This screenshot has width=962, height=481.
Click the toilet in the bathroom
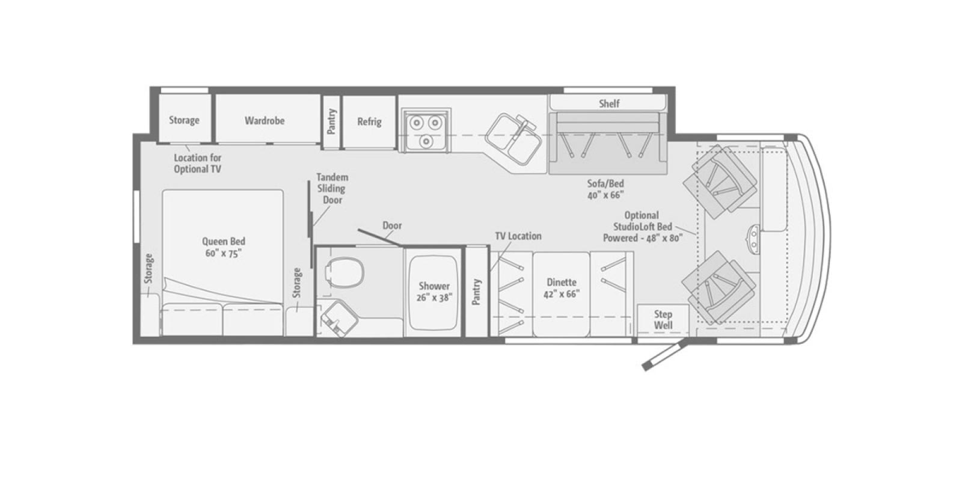pos(345,273)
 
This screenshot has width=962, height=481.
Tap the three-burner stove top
pos(426,130)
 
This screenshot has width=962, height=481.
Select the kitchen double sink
pos(513,139)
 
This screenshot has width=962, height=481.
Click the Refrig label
pos(369,122)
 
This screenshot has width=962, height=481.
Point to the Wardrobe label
pos(265,121)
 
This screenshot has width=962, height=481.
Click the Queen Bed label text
pos(223,247)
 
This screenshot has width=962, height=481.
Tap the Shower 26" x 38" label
pos(434,292)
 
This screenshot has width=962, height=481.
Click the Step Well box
pos(663,319)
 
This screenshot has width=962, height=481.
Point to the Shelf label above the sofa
pos(609,103)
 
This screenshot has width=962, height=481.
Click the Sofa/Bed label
pos(605,189)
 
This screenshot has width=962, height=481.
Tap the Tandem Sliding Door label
pos(332,189)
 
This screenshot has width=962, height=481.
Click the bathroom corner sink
pos(339,317)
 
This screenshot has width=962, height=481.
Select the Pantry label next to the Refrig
pos(331,121)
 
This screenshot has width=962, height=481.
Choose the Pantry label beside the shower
pos(476,292)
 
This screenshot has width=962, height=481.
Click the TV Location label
pos(518,236)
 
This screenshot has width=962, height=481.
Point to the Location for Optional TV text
pos(198,164)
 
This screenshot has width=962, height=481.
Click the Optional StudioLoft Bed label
pos(643,227)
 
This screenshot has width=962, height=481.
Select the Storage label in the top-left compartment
pos(184,120)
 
